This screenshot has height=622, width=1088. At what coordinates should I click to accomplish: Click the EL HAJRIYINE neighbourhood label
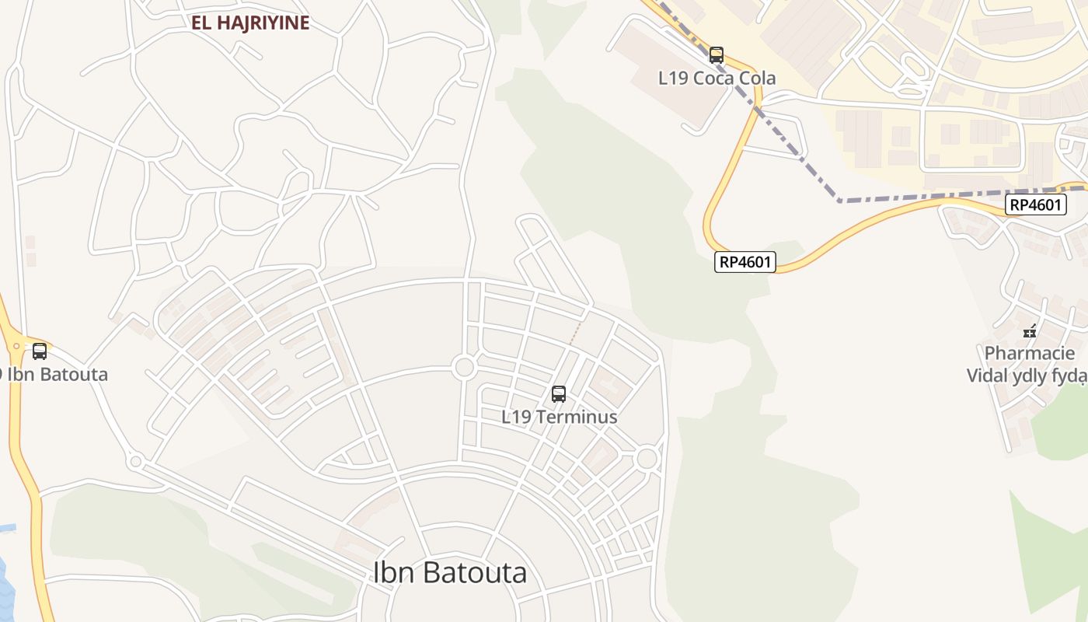[250, 23]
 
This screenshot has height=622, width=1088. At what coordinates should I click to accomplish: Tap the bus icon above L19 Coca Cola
[717, 55]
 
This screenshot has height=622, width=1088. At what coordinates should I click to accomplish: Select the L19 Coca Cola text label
[717, 79]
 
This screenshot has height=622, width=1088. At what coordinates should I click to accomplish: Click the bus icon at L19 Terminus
[559, 394]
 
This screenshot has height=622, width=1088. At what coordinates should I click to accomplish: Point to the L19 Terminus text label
[559, 417]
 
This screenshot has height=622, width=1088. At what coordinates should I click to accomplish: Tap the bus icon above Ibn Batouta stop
[40, 351]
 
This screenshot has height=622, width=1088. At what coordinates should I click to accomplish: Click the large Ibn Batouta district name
[450, 573]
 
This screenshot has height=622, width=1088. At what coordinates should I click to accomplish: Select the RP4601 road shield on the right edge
[1034, 205]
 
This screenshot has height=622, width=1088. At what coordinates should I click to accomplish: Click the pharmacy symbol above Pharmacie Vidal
[1030, 332]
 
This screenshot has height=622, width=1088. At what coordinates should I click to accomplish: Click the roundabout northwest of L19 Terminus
[465, 367]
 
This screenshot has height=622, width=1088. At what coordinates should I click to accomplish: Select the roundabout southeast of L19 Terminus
[647, 459]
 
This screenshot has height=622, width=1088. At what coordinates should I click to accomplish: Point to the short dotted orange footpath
[575, 332]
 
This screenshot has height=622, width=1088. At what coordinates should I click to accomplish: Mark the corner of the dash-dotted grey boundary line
[840, 201]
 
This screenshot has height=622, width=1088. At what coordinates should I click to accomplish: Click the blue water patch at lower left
[5, 591]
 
